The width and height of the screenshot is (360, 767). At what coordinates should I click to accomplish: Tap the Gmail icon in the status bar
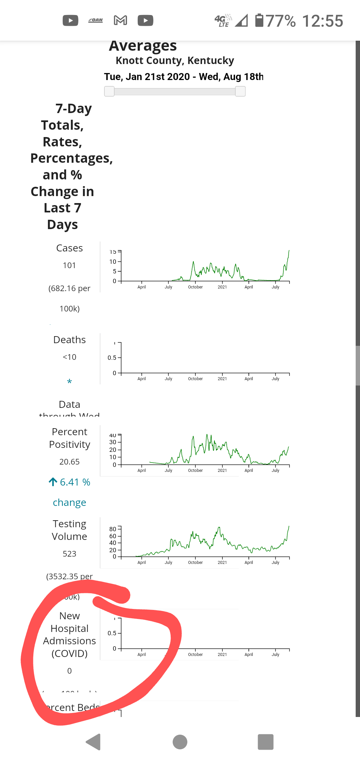(x=120, y=20)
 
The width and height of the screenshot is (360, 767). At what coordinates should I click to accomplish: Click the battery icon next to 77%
(x=259, y=20)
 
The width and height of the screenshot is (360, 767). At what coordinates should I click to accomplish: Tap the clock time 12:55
(x=322, y=21)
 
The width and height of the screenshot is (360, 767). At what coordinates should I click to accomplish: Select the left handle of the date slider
(x=109, y=91)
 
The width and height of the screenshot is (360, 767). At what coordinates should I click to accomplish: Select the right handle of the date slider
(x=240, y=91)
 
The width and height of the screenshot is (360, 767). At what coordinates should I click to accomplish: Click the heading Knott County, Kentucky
(x=175, y=60)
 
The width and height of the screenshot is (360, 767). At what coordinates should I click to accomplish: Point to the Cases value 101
(x=69, y=265)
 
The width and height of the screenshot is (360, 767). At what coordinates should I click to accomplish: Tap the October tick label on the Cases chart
(x=195, y=287)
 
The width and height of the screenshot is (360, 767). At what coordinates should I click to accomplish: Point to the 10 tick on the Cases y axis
(x=113, y=262)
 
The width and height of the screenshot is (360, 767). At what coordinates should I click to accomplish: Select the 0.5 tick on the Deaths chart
(x=112, y=358)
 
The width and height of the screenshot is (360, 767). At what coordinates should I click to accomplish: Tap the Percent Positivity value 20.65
(x=69, y=462)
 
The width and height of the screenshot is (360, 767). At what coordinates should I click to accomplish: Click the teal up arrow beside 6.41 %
(x=53, y=482)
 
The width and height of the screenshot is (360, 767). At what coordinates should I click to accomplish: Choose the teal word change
(x=69, y=503)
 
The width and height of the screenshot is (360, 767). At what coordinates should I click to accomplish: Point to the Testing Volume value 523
(x=69, y=554)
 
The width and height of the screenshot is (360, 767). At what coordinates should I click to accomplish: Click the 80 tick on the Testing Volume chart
(x=113, y=529)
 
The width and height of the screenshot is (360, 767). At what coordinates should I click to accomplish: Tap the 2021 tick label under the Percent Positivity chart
(x=222, y=471)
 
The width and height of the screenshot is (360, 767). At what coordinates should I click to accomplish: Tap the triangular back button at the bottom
(x=94, y=742)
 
